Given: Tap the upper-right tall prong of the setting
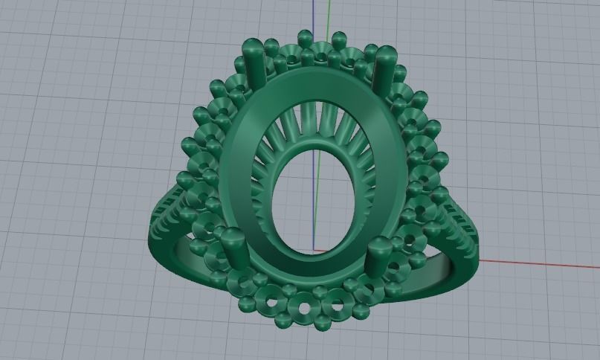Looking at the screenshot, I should coord(386,70).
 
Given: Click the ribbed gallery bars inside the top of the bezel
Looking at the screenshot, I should coord(312,126).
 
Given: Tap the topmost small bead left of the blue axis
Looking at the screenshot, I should coord(303,36).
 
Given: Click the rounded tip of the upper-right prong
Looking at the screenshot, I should coord(387,52).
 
